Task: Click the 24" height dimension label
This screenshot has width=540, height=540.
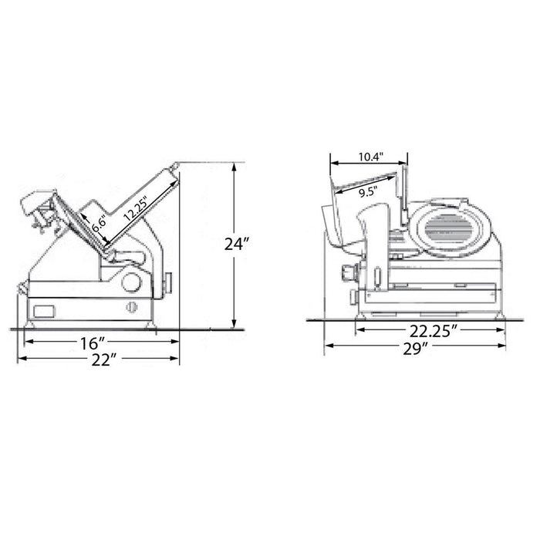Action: (x=236, y=245)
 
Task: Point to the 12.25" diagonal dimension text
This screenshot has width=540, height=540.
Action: (x=135, y=209)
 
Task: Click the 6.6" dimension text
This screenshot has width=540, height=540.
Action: (x=98, y=225)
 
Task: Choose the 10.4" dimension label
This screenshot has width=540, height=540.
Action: (x=371, y=157)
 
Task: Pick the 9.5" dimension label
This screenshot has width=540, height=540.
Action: (x=369, y=192)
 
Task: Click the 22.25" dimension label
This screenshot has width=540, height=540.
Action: (x=434, y=332)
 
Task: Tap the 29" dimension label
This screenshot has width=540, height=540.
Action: (x=415, y=349)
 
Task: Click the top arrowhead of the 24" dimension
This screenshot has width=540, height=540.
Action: (x=235, y=167)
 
